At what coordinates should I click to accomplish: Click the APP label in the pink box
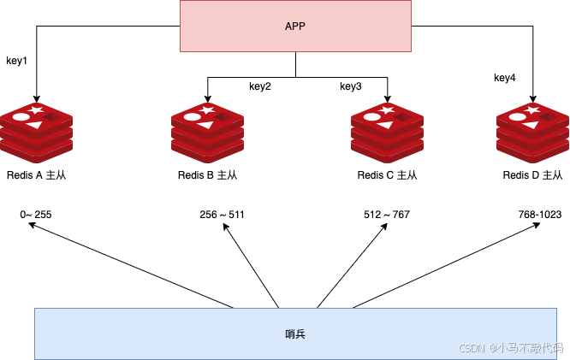pos(295,27)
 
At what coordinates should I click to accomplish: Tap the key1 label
pos(17,61)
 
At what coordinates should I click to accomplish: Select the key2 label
pos(260,86)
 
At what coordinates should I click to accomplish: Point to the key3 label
pos(351,86)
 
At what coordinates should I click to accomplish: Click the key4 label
pos(505,78)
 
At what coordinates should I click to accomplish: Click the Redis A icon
pos(36,133)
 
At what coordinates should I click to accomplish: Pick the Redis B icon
pos(208,133)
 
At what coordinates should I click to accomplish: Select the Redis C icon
pos(387,133)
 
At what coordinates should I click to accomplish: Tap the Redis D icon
pos(533,133)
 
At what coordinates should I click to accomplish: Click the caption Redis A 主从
pos(36,175)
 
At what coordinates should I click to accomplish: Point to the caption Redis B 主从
pos(208,175)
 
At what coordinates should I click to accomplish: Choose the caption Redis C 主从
pos(387,175)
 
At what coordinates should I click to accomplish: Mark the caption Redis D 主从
pos(533,175)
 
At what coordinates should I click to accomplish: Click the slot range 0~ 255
pos(36,215)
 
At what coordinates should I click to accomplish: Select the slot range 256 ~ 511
pos(222,215)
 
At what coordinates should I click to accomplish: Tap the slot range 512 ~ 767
pos(387,215)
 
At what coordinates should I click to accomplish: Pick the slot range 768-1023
pos(540,215)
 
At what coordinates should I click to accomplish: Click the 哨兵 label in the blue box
pos(295,333)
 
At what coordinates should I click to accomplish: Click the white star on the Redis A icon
pos(36,109)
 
